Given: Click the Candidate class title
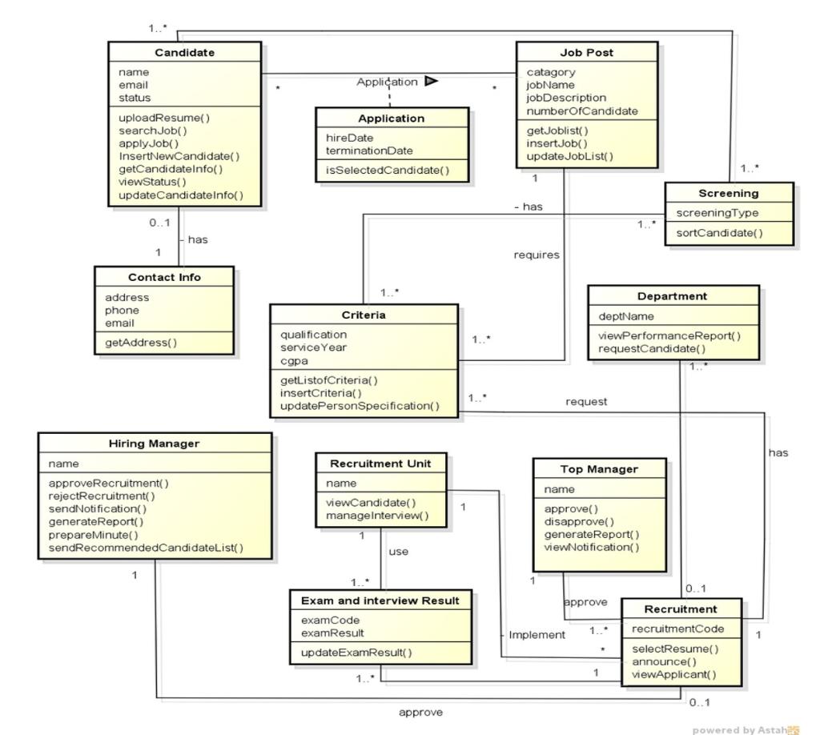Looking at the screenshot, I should tap(184, 53).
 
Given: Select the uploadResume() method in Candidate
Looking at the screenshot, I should tap(164, 118).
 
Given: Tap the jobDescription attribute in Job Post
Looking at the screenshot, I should tap(566, 98).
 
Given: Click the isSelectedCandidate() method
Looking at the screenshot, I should tap(387, 170).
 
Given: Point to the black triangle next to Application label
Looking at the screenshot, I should tap(431, 81).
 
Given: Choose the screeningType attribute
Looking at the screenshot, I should tap(717, 213).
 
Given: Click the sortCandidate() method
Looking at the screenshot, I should tap(719, 233).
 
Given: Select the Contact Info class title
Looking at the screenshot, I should tap(164, 277).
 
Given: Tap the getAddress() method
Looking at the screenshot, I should tap(141, 343).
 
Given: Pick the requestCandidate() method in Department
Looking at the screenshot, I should tap(652, 348).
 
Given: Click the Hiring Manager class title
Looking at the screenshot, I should tap(154, 444).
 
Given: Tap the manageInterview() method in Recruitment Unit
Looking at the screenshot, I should tap(376, 516).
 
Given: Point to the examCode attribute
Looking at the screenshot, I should tap(330, 620).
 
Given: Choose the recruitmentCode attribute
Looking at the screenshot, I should tap(677, 629).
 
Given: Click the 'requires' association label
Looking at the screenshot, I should tap(536, 255).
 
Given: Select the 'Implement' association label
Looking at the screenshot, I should tap(537, 635).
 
